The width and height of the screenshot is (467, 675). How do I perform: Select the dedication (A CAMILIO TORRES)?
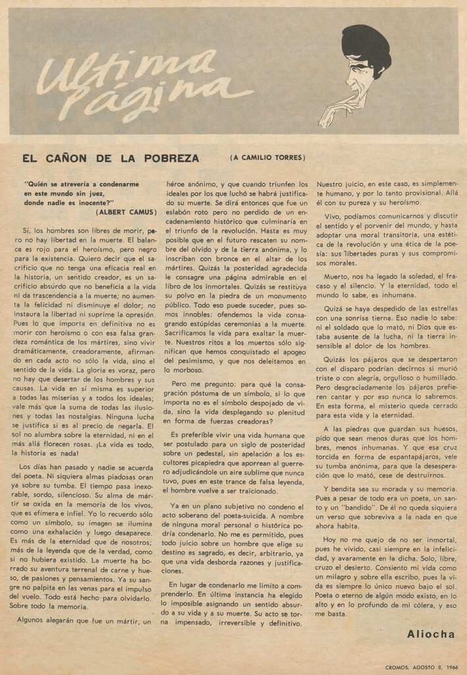[x=268, y=158]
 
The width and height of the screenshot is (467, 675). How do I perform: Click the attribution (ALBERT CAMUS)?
[x=126, y=212]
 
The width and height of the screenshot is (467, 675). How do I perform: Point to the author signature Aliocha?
[x=430, y=633]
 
